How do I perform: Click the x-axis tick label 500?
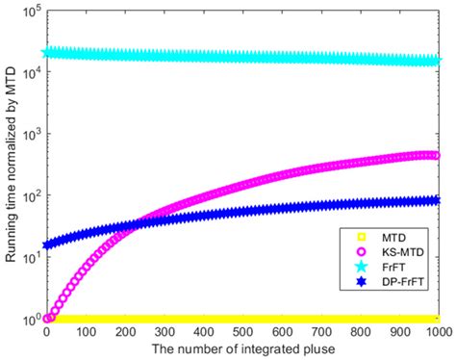[x=242, y=332]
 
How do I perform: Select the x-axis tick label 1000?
[x=439, y=332]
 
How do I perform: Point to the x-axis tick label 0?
[x=45, y=332]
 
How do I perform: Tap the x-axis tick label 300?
[x=164, y=332]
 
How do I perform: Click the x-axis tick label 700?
[x=321, y=332]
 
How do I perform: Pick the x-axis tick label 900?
[x=400, y=332]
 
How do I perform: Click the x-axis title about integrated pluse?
[x=241, y=349]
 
